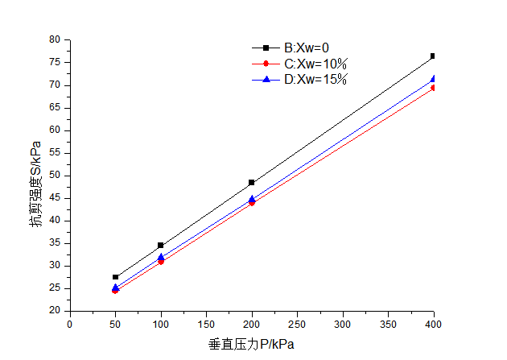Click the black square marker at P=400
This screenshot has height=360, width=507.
pyautogui.click(x=433, y=56)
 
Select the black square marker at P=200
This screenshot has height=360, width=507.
pyautogui.click(x=252, y=183)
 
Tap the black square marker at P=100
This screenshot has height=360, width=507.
pyautogui.click(x=161, y=245)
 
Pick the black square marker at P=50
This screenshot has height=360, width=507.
pyautogui.click(x=116, y=277)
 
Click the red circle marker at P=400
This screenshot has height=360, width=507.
pyautogui.click(x=433, y=87)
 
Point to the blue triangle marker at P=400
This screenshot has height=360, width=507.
pyautogui.click(x=433, y=79)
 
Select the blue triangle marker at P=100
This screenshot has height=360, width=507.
pyautogui.click(x=161, y=257)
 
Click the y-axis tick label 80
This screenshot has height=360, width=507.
pyautogui.click(x=55, y=39)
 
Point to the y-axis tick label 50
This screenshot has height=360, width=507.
pyautogui.click(x=55, y=176)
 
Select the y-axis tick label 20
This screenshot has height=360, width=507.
pyautogui.click(x=55, y=311)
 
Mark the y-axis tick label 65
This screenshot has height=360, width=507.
pyautogui.click(x=55, y=108)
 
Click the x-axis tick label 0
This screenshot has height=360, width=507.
pyautogui.click(x=70, y=325)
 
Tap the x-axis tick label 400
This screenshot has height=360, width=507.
pyautogui.click(x=433, y=325)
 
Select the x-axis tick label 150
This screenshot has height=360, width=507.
pyautogui.click(x=206, y=325)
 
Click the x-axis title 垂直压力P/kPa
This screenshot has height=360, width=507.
pyautogui.click(x=251, y=345)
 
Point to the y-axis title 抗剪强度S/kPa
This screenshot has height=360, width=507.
pyautogui.click(x=35, y=184)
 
